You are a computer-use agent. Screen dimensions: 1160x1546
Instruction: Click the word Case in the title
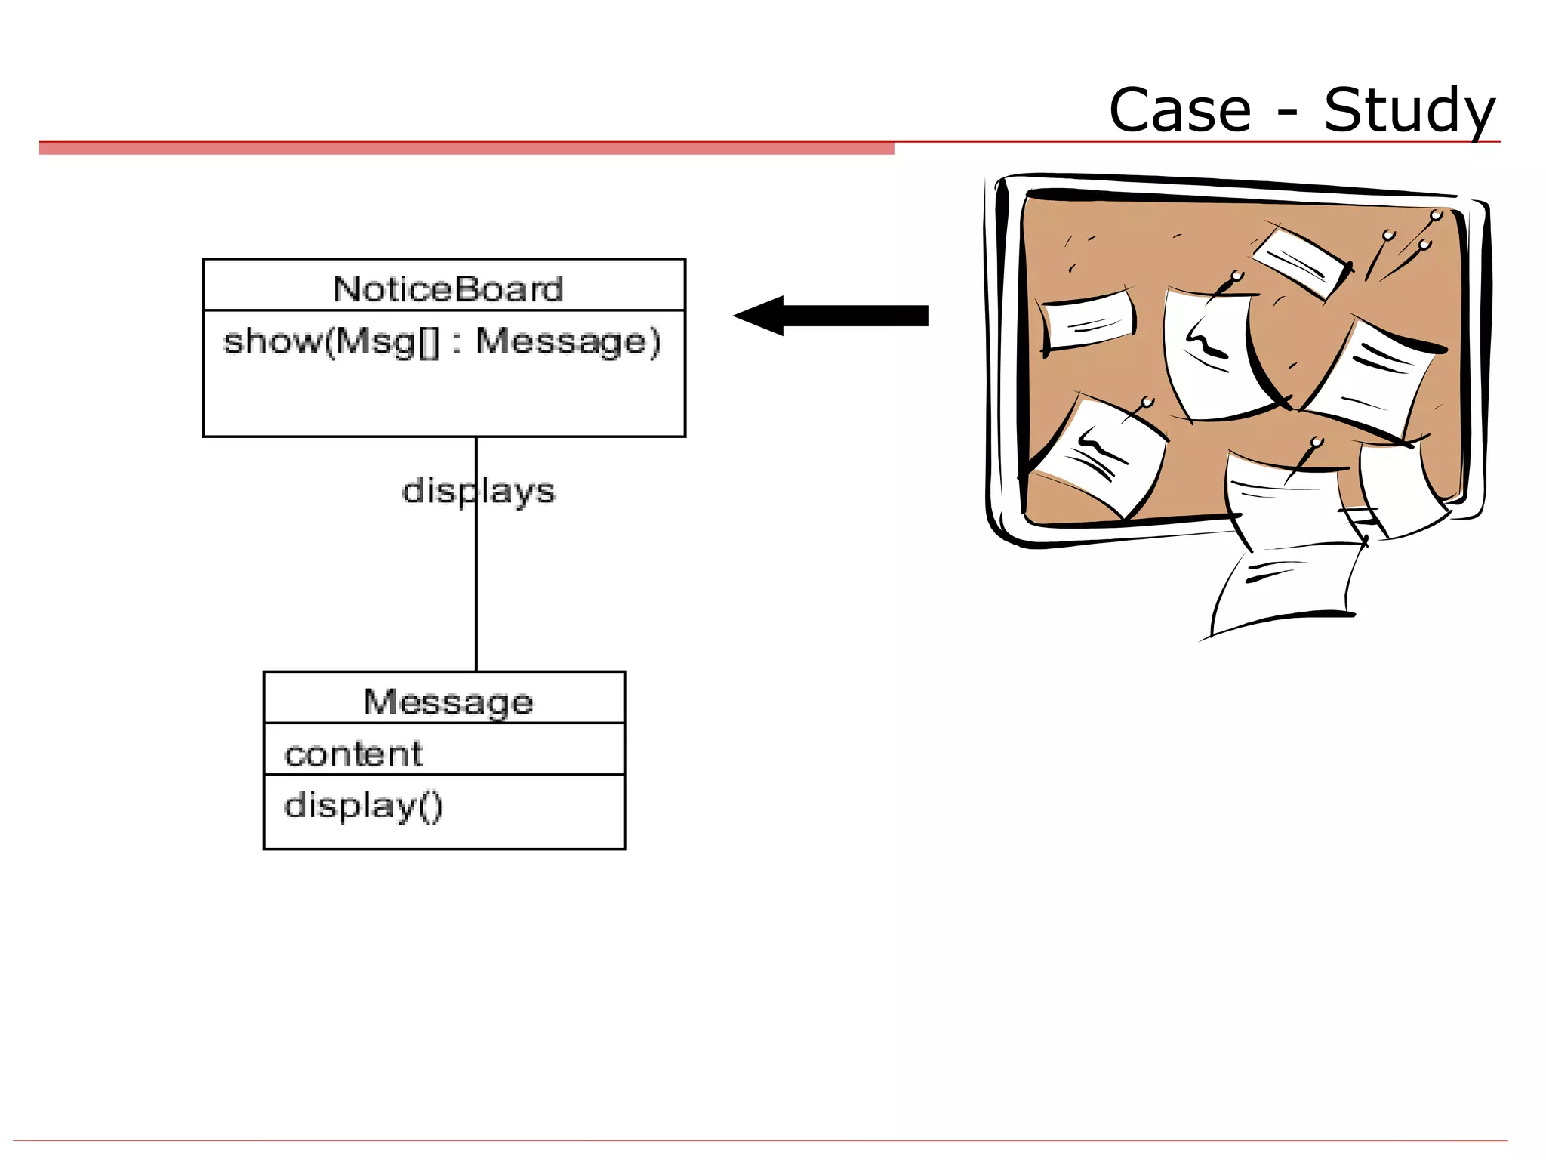1179,111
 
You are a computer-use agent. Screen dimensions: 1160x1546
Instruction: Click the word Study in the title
1409,111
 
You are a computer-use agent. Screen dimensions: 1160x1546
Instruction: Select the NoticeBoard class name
448,288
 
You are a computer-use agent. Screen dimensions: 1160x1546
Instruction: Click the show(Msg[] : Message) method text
442,341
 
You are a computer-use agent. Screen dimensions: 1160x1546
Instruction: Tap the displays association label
479,491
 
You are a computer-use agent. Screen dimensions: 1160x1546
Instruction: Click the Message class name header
448,702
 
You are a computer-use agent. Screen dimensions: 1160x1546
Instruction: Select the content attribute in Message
353,754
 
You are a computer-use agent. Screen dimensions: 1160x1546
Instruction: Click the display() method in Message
363,806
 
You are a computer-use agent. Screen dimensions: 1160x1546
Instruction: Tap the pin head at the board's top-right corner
1436,217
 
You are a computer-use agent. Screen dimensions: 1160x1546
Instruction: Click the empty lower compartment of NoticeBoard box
444,400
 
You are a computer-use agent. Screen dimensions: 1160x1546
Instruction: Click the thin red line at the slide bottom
755,1140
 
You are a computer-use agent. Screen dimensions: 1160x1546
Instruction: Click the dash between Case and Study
1288,113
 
